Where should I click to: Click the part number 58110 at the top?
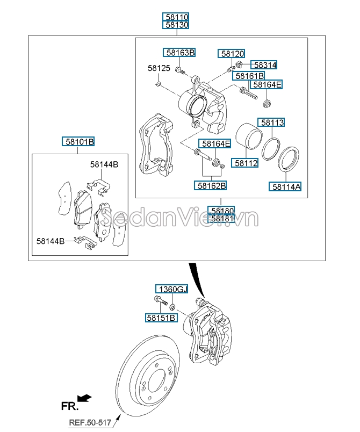177,17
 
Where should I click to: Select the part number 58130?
177,25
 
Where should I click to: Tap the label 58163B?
179,53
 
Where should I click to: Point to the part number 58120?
232,54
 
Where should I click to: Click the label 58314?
265,65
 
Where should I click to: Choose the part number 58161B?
249,76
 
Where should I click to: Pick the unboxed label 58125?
159,68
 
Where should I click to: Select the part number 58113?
272,123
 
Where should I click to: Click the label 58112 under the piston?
246,162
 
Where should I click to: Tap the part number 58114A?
286,186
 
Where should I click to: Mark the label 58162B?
211,185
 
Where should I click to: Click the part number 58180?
222,211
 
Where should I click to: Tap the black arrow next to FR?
84,398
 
